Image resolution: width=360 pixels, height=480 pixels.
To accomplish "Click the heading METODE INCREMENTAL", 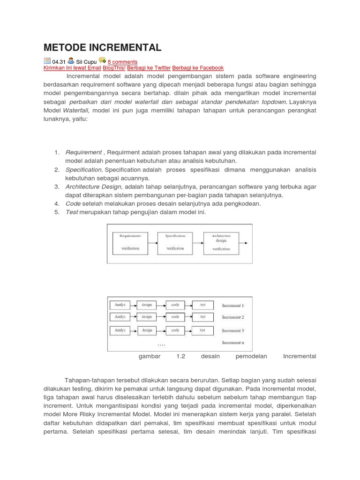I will [102, 47].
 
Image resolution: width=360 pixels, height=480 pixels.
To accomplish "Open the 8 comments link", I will [122, 62].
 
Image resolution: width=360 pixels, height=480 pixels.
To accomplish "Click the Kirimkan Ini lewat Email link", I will [72, 68].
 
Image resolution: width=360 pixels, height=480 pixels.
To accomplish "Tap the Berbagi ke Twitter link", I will [149, 68].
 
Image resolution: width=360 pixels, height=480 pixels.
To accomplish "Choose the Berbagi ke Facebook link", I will [198, 68].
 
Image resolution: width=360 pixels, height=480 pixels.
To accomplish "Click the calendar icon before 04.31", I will [47, 61].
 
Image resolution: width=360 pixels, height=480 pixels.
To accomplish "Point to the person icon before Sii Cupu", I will [71, 61].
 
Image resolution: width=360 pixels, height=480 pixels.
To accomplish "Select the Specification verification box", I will [175, 242].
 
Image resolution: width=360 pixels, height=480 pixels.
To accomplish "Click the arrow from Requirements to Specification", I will [153, 243].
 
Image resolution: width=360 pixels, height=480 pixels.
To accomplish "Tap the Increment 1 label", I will [232, 306].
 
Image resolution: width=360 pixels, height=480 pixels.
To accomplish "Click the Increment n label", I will [232, 343].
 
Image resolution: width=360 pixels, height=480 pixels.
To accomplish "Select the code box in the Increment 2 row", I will [175, 317].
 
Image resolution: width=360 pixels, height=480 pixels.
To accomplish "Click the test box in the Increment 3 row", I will [202, 330].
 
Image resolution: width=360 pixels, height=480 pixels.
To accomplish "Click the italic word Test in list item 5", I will [72, 212].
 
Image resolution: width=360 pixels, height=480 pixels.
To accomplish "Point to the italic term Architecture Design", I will [93, 187].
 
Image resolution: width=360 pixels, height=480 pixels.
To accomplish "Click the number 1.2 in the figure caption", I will [181, 356].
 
